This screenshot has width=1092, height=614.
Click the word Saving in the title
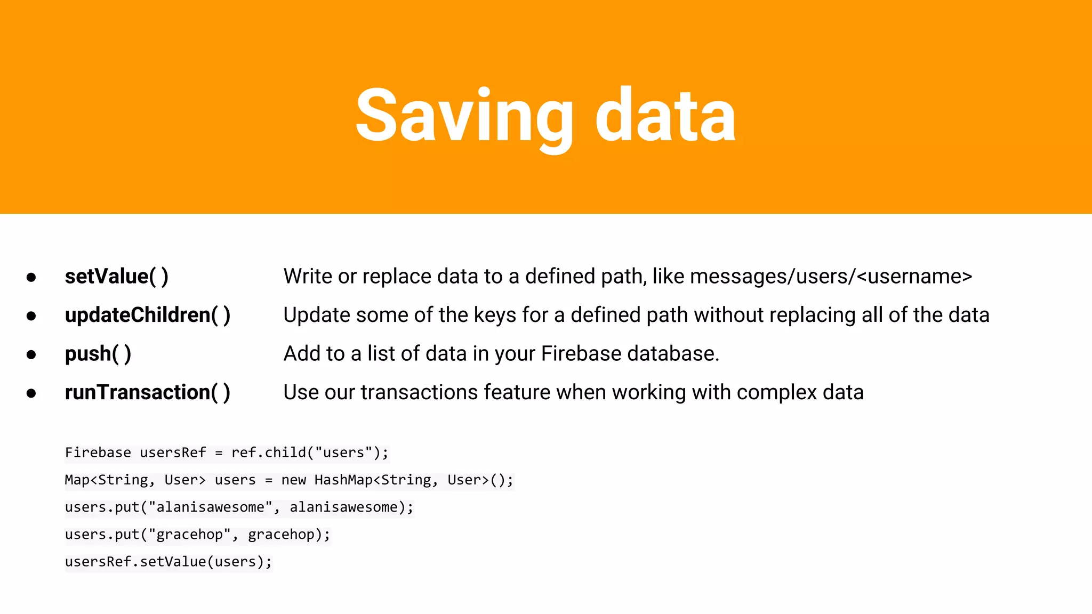tap(463, 116)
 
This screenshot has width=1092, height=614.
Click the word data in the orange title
tap(665, 116)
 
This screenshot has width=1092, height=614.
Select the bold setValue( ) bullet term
tap(116, 277)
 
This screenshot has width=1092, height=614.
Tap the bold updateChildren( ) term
tap(147, 315)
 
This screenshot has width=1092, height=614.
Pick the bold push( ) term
tap(98, 354)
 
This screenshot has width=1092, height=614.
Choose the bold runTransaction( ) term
tap(147, 392)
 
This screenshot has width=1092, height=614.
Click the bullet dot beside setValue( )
tap(31, 277)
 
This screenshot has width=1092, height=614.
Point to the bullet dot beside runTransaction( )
tap(31, 393)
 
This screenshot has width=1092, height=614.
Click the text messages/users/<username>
tap(831, 277)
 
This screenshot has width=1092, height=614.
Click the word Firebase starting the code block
tap(98, 453)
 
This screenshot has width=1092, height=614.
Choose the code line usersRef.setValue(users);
tap(168, 561)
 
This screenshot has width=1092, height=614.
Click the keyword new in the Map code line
tap(294, 480)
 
